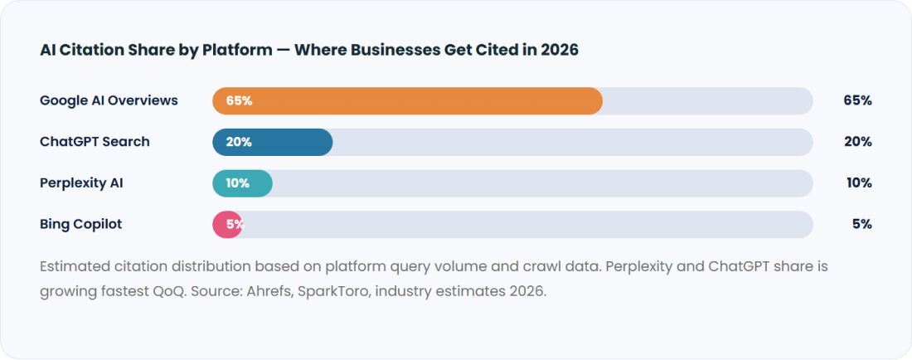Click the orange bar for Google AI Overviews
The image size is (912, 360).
[x=407, y=100]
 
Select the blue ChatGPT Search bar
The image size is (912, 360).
[x=272, y=142]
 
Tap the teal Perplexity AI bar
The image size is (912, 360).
[x=243, y=183]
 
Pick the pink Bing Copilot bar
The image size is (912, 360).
[x=227, y=225]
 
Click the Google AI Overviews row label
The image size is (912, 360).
[x=109, y=100]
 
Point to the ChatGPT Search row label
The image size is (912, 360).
[x=95, y=142]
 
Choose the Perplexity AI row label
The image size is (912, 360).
[x=81, y=183]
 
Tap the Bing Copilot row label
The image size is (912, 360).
[x=81, y=225]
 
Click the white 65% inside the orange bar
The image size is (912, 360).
[x=239, y=100]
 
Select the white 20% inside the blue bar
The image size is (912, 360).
[x=239, y=142]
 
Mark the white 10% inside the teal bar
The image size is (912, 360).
[x=237, y=183]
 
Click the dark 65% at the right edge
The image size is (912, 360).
[x=858, y=100]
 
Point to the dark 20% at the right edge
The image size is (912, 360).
[x=858, y=142]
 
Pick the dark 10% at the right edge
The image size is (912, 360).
[x=859, y=183]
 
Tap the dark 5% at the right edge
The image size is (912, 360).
[x=862, y=225]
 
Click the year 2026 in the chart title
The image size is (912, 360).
[x=560, y=50]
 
